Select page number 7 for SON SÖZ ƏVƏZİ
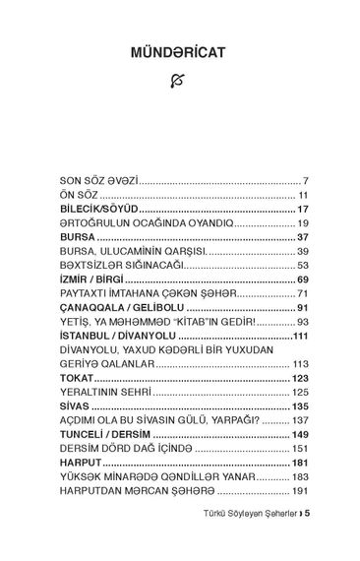307,182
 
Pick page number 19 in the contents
304,223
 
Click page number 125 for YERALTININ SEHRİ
301,392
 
